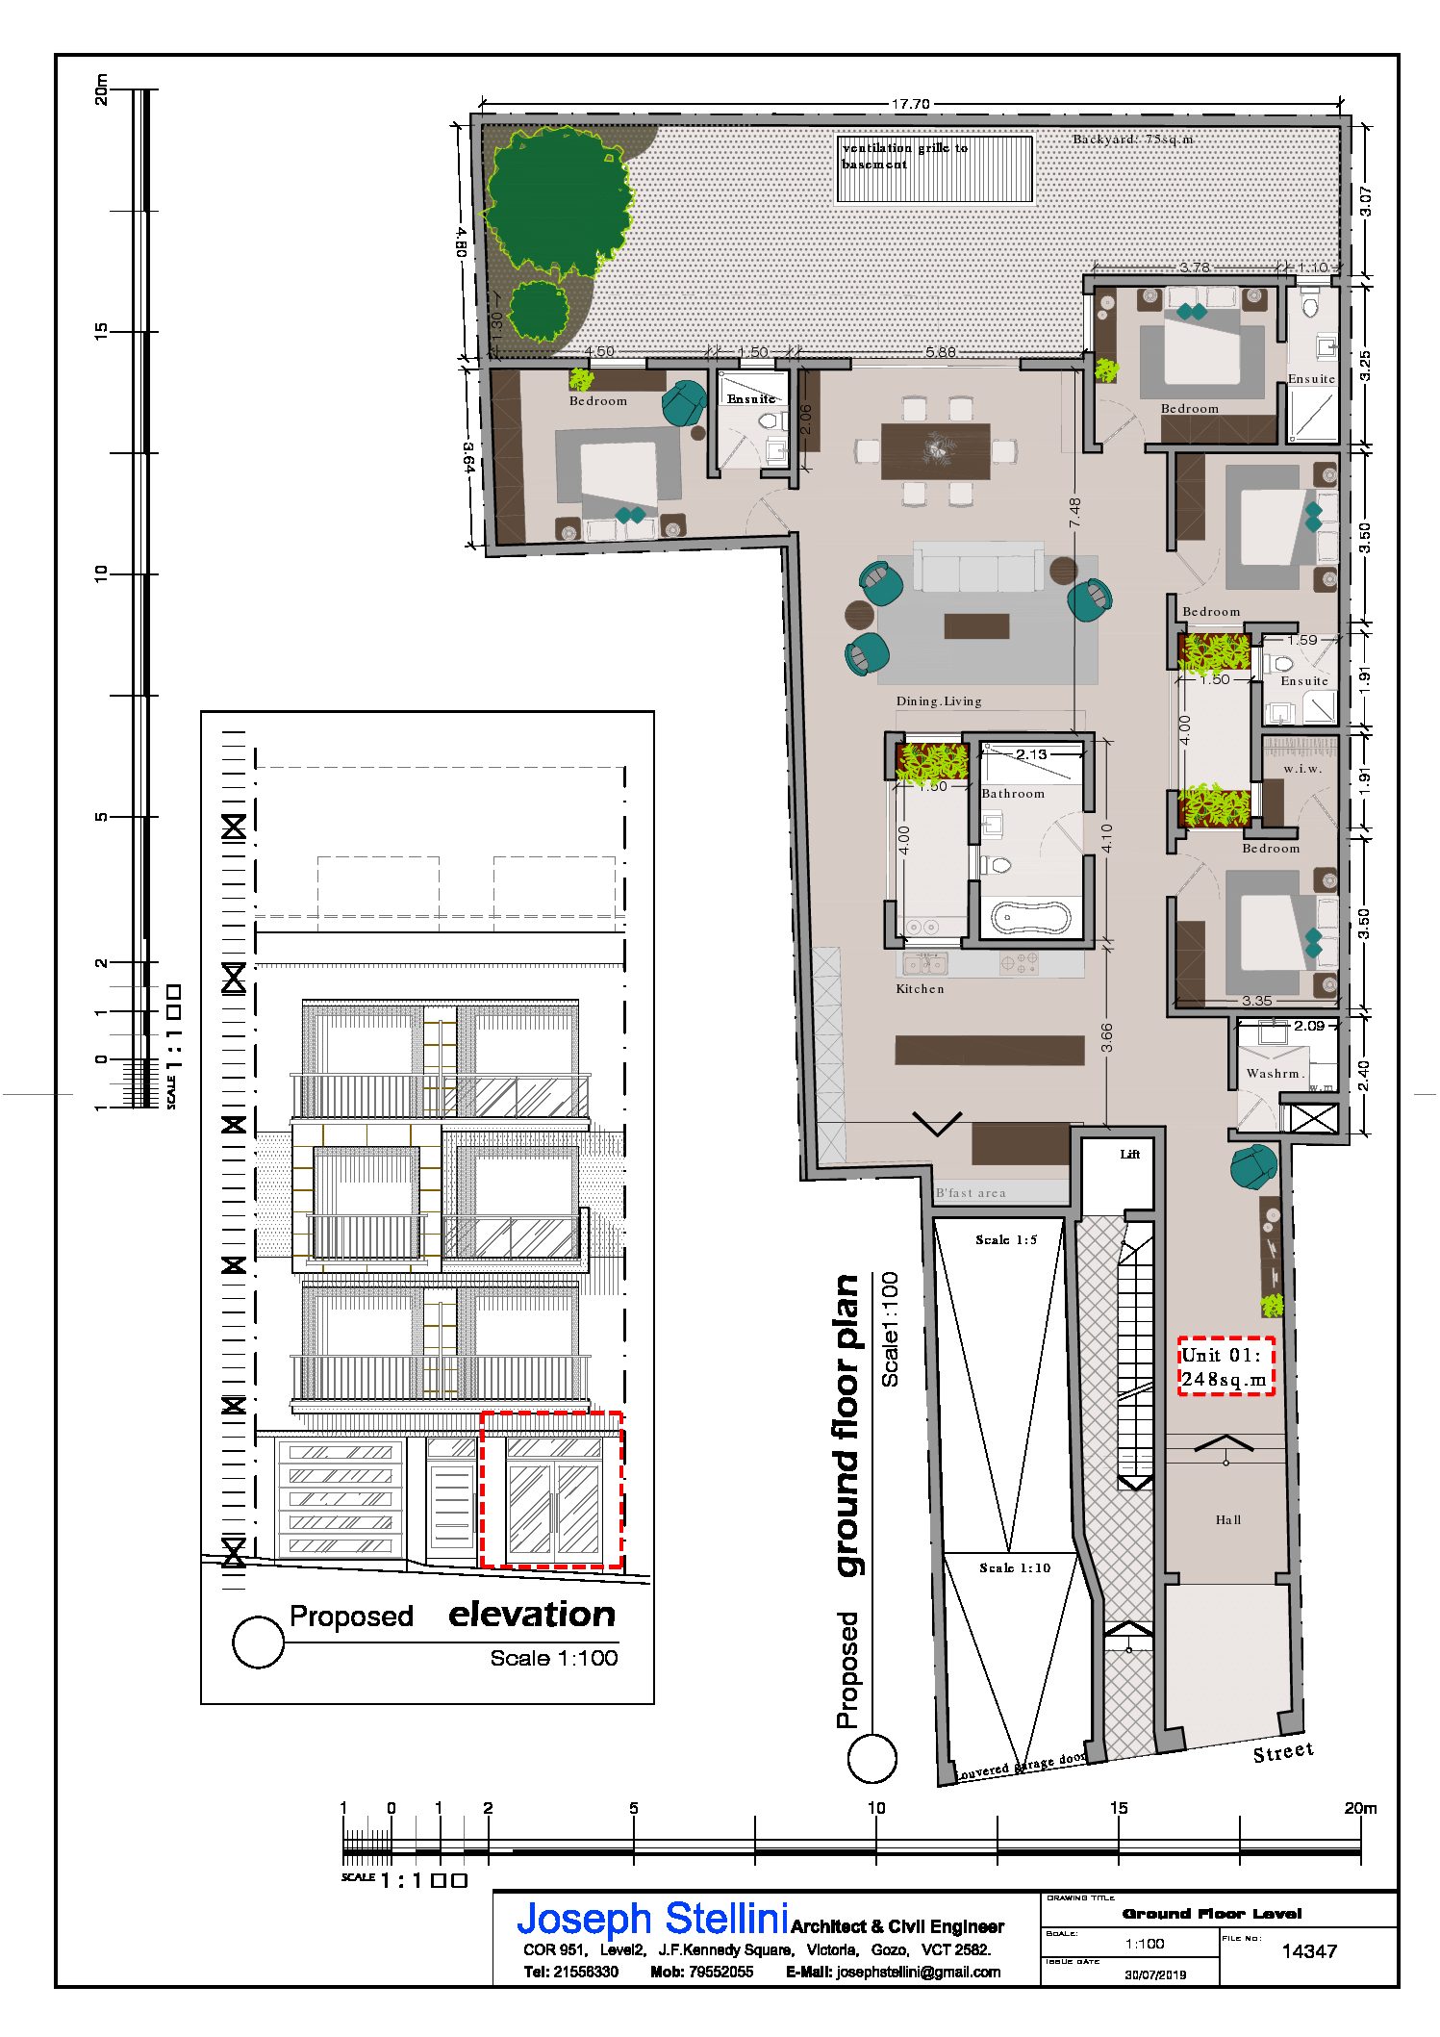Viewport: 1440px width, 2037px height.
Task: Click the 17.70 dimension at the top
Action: [x=910, y=104]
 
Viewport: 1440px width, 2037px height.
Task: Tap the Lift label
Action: [x=1130, y=1154]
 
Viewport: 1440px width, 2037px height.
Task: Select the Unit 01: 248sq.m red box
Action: [x=1226, y=1365]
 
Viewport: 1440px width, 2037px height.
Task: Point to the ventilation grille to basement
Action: [x=934, y=168]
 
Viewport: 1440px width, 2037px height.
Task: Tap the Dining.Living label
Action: [x=939, y=700]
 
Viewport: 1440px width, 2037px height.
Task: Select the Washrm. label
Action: [x=1276, y=1074]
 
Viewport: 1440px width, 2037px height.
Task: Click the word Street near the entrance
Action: [x=1283, y=1752]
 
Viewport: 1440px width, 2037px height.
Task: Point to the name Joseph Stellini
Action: [x=653, y=1919]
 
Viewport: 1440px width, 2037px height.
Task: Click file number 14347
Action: [x=1309, y=1951]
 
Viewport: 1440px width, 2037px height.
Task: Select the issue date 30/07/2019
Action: [x=1155, y=1973]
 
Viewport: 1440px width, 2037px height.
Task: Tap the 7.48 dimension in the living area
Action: [x=1075, y=512]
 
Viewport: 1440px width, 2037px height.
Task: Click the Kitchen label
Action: [x=920, y=988]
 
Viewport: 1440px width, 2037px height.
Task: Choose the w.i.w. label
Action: [x=1302, y=768]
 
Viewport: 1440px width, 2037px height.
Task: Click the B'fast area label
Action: [x=971, y=1193]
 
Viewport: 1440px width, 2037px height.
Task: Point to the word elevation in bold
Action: [x=532, y=1614]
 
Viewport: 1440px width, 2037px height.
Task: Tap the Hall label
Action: [x=1228, y=1519]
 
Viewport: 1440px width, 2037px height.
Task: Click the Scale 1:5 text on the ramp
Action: [x=1006, y=1239]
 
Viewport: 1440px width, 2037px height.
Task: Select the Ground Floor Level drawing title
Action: [x=1212, y=1914]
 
